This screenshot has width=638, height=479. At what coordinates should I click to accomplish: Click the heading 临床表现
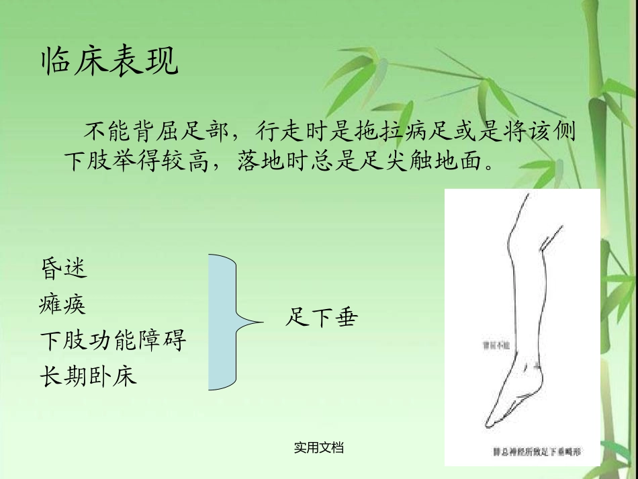[x=110, y=62]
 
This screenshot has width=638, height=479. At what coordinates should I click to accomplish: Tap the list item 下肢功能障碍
[x=113, y=341]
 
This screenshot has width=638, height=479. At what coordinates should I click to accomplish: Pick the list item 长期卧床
[x=89, y=376]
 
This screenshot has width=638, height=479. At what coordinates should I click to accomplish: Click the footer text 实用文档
[x=319, y=447]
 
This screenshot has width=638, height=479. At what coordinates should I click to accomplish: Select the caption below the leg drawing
[x=536, y=452]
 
